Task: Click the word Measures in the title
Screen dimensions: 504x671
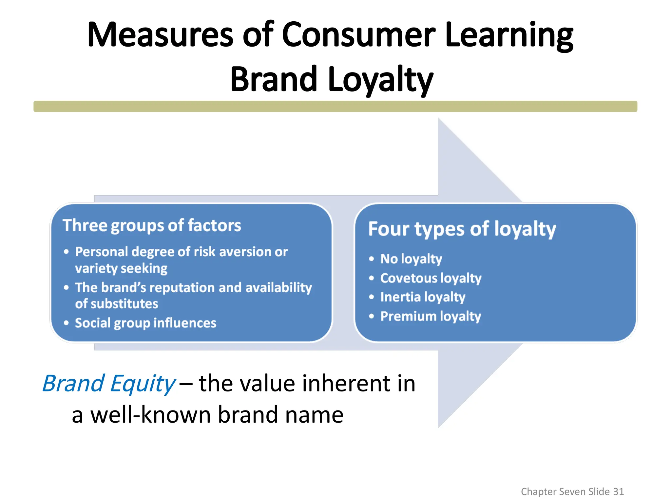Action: [160, 35]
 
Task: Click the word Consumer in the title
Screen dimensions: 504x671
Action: [358, 35]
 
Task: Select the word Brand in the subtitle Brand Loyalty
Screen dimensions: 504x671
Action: [274, 79]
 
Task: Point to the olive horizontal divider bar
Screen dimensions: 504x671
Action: [335, 106]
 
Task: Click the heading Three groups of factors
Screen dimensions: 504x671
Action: [152, 225]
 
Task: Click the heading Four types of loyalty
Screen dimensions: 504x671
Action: [462, 229]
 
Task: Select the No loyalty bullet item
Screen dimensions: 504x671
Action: [411, 259]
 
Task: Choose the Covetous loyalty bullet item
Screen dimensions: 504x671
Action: [431, 278]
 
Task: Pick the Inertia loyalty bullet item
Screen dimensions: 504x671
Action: [423, 297]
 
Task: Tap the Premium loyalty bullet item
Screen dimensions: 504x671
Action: [431, 316]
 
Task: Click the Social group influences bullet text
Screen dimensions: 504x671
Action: [145, 323]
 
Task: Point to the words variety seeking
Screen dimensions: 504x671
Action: [121, 268]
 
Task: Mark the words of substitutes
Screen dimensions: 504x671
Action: [117, 304]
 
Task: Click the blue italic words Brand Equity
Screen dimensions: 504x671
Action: [109, 383]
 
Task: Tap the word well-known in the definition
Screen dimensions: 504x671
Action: [151, 415]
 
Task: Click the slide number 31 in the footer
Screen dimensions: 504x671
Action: [618, 492]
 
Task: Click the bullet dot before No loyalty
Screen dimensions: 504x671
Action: [371, 259]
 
